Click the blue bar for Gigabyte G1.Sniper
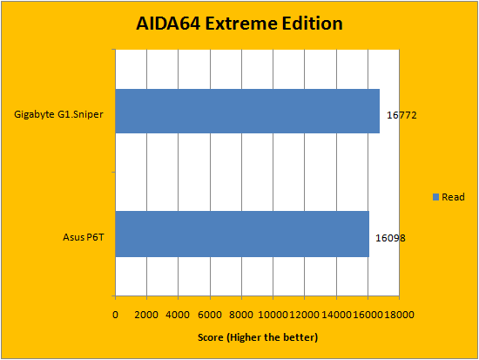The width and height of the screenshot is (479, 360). (x=247, y=111)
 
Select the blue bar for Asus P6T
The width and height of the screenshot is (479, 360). (x=242, y=234)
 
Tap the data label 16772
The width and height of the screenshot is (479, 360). (x=401, y=115)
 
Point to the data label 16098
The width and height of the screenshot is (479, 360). (x=390, y=238)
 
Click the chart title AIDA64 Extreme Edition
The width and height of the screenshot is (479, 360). (x=239, y=24)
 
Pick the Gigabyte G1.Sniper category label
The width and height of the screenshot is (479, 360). (x=58, y=115)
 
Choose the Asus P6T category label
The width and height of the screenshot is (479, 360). (x=84, y=237)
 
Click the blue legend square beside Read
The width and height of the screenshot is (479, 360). (x=436, y=197)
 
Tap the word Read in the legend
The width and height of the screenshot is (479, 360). (x=454, y=197)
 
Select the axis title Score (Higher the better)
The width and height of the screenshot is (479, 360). (x=258, y=337)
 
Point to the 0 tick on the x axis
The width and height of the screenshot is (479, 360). (x=115, y=315)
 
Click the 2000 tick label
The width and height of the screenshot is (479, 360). (x=146, y=315)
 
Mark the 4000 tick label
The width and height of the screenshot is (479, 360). (x=178, y=315)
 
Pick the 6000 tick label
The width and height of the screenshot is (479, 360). (x=210, y=315)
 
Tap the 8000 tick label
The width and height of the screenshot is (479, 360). (x=241, y=315)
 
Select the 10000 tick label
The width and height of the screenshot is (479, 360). (x=273, y=315)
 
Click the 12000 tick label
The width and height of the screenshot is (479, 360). (x=304, y=315)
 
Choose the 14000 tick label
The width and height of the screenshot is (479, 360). (x=336, y=315)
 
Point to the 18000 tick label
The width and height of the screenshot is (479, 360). (x=399, y=315)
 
